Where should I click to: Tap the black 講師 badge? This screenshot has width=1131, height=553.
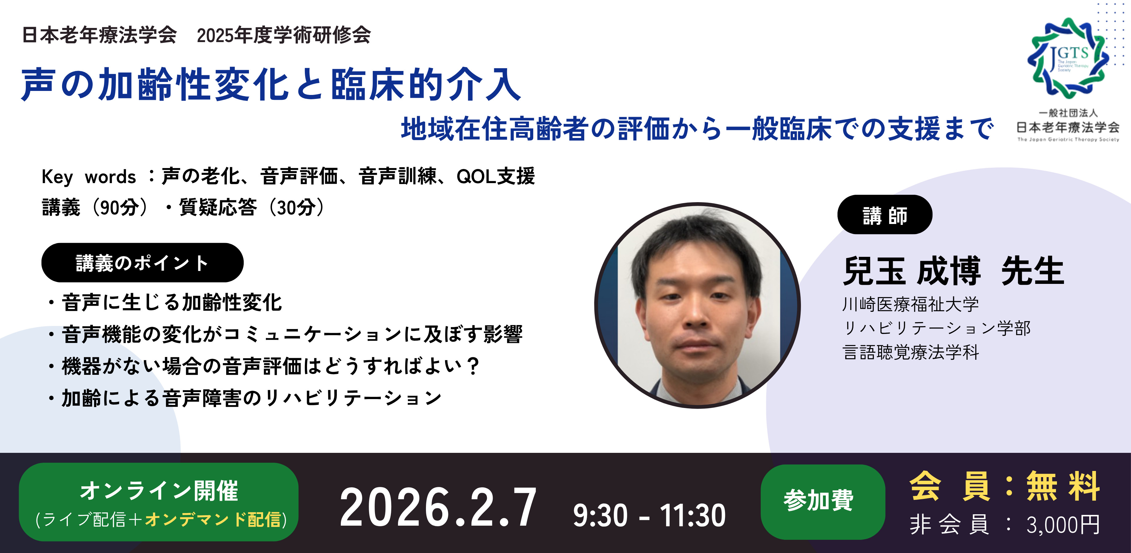pos(885,215)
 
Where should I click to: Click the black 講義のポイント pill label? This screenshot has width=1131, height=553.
pos(142,262)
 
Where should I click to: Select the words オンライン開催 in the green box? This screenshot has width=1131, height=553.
pos(159,490)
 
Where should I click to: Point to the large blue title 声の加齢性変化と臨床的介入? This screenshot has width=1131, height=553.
pos(271,84)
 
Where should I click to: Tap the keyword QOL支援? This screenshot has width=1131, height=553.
pos(496,176)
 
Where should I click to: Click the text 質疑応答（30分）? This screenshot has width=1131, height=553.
pos(252,207)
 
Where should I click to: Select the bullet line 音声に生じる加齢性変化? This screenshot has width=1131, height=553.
pos(172,302)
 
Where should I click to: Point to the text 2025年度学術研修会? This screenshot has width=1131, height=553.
pos(284,35)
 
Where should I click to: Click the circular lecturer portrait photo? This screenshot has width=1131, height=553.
pos(697,305)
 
